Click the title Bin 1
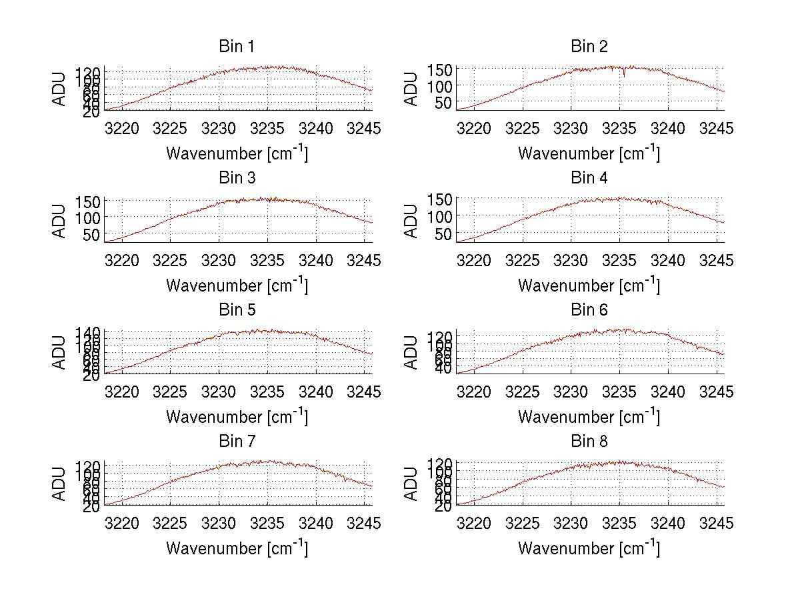(237, 47)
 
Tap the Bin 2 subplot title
(589, 47)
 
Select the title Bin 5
(237, 310)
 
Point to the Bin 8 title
(589, 442)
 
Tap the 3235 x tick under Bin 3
(268, 260)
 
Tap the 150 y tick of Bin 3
(93, 202)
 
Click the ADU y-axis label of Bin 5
(60, 352)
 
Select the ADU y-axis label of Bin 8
(412, 484)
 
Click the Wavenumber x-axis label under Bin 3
(237, 285)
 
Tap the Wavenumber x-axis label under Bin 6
(589, 416)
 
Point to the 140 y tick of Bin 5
(93, 332)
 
